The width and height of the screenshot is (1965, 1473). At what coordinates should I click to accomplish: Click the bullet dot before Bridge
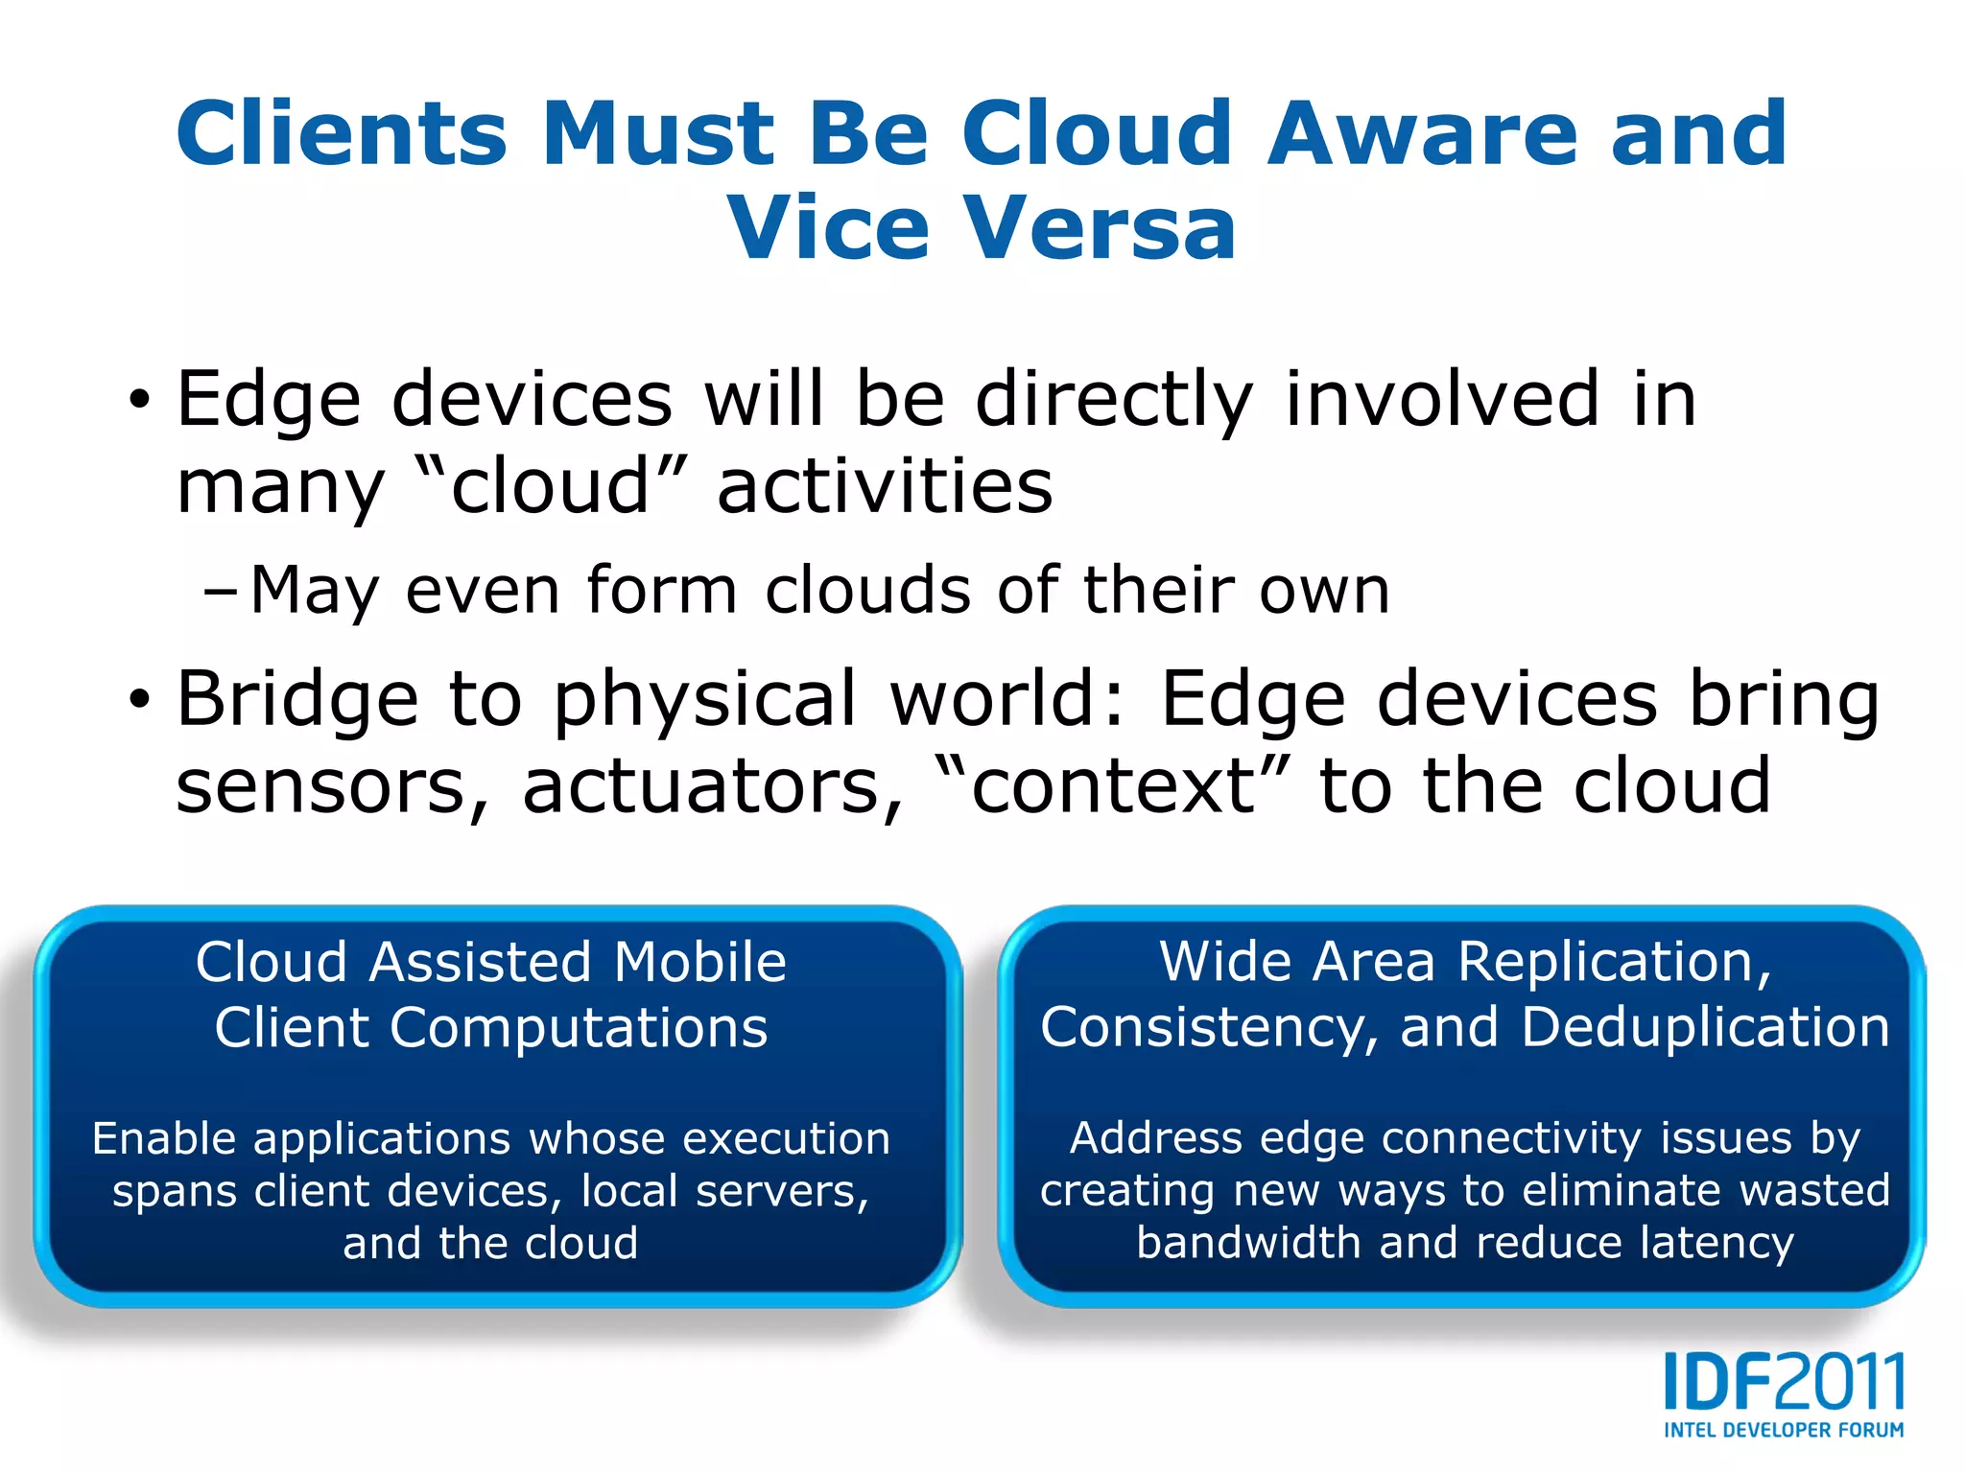[140, 699]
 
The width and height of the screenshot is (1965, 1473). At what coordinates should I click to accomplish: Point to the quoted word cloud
[551, 485]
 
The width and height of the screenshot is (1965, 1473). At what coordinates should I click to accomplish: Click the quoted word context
[1113, 786]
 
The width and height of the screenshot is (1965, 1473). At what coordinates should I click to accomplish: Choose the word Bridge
[297, 699]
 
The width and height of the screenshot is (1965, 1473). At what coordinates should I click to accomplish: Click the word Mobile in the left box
[699, 962]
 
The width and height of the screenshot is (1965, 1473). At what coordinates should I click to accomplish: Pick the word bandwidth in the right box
[1248, 1243]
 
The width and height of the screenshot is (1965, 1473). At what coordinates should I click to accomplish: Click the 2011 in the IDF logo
[1840, 1382]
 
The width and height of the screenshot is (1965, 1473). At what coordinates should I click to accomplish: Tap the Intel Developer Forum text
[1784, 1430]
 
